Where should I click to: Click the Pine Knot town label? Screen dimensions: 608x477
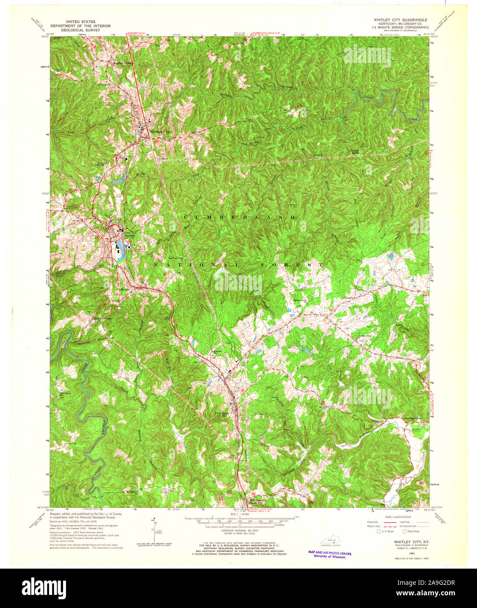pyautogui.click(x=222, y=412)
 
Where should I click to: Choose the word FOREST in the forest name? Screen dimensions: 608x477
pyautogui.click(x=297, y=265)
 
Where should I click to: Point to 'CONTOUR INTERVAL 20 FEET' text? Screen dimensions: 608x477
pyautogui.click(x=238, y=529)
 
